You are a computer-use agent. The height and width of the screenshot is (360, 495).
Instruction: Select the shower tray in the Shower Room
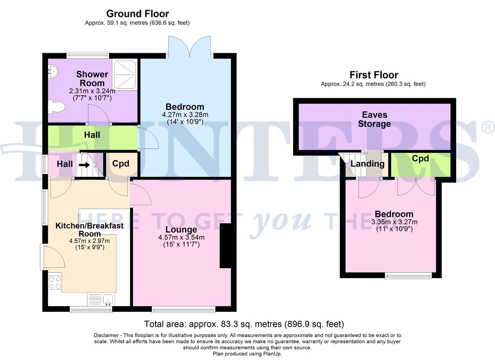click(x=124, y=75)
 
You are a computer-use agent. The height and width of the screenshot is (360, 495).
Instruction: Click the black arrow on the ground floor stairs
click(x=84, y=164)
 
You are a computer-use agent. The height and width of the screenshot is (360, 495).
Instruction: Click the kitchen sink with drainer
click(x=101, y=299)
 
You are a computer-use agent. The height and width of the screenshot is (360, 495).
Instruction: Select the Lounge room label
click(x=181, y=229)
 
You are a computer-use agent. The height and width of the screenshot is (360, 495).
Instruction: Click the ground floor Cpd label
click(x=121, y=164)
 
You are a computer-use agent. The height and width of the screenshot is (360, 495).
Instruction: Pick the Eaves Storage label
click(x=374, y=119)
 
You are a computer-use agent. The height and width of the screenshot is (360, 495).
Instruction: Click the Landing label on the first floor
click(x=367, y=164)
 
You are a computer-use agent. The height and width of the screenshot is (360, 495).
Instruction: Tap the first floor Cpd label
click(x=420, y=159)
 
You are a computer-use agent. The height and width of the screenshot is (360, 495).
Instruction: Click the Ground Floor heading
click(x=137, y=14)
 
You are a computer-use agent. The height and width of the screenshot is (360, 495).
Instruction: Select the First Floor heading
click(x=374, y=75)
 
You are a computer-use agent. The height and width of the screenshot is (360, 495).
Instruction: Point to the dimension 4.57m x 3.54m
click(x=181, y=237)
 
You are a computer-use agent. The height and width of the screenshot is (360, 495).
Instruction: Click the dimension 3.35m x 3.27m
click(x=394, y=222)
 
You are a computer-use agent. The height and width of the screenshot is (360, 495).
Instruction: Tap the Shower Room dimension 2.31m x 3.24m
click(x=92, y=91)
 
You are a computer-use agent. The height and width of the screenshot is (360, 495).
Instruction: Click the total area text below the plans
click(x=244, y=324)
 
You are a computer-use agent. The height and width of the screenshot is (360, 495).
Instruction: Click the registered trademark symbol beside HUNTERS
click(x=489, y=128)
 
